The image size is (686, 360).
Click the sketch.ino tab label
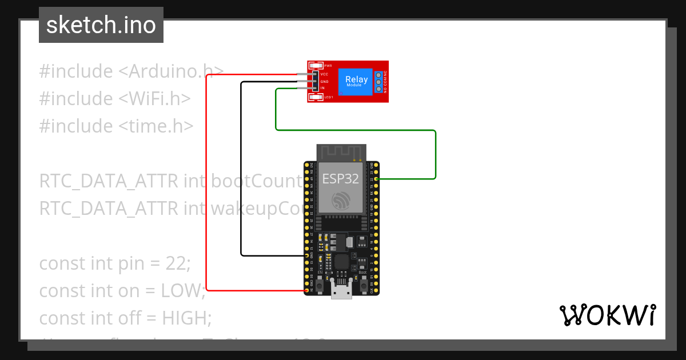pos(101,25)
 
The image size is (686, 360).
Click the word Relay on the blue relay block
pos(356,80)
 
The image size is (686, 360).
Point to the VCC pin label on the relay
pos(324,74)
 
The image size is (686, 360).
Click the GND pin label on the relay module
pos(324,81)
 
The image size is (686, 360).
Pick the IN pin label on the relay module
pos(323,88)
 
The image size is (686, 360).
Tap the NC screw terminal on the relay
pos(378,75)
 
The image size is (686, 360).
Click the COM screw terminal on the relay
pos(378,82)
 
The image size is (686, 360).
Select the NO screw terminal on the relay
pos(378,89)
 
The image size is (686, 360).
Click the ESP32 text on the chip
pos(341,178)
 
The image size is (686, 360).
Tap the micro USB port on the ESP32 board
pos(341,291)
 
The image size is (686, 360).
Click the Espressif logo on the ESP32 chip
pos(341,199)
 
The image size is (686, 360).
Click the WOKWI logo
pos(607,315)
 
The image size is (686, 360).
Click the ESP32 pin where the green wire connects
pos(376,179)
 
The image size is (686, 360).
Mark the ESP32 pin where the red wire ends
pos(307,290)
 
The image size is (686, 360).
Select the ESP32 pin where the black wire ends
pos(307,255)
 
